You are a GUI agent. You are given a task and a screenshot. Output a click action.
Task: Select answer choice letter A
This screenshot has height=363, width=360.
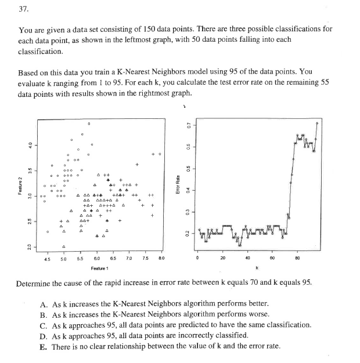coord(44,303)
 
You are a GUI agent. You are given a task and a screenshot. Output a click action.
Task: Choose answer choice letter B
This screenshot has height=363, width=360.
coord(44,314)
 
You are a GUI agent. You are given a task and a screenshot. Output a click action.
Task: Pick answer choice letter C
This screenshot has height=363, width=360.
coord(44,325)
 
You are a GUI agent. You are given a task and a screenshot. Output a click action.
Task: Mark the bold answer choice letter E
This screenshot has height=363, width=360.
coord(44,346)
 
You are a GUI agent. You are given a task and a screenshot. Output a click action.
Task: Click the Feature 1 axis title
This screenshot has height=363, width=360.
coord(101,268)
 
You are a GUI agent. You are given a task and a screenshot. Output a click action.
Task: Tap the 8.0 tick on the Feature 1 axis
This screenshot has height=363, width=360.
coord(161,259)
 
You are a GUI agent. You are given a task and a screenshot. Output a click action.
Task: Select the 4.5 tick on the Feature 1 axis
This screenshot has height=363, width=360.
coord(48,259)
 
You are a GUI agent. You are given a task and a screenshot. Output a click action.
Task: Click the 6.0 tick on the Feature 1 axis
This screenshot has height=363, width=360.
coord(96,259)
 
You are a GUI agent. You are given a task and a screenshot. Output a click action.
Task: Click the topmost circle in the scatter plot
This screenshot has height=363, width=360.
coord(88,124)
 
